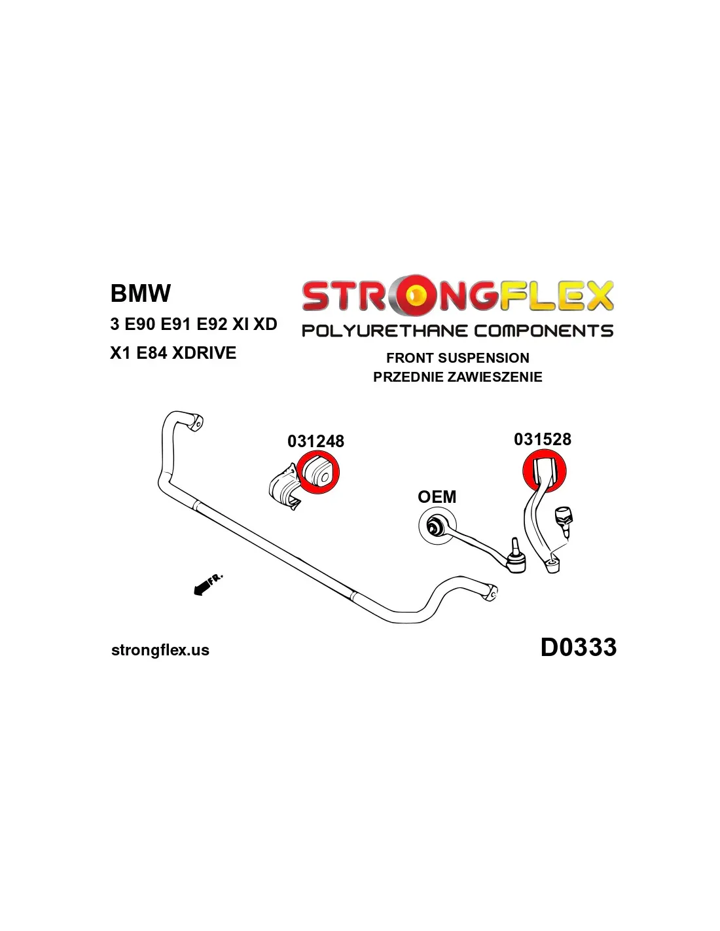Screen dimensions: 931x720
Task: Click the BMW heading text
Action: tap(141, 293)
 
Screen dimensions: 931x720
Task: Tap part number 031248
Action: tap(315, 441)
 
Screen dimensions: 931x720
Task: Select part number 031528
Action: tap(542, 439)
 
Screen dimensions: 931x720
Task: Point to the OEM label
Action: tap(437, 497)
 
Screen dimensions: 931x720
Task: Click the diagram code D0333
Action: tap(578, 647)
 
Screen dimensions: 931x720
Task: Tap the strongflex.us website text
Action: tap(160, 650)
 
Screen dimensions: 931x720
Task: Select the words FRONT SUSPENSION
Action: tap(458, 358)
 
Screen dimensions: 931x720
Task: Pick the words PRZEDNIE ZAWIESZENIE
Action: tap(458, 377)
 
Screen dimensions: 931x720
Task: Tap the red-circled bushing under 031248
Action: tap(318, 473)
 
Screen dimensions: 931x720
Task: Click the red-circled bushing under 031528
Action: tap(544, 471)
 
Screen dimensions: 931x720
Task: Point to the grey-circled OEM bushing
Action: tap(435, 526)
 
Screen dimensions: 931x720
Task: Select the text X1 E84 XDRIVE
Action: tap(173, 353)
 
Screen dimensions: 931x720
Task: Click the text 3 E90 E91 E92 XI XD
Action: tap(194, 324)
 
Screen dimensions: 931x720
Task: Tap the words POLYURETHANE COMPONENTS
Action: tap(458, 331)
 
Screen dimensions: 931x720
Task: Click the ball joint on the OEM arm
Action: tap(516, 558)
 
